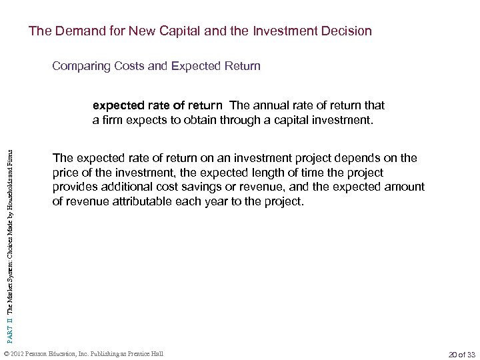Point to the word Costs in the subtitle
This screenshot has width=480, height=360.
click(x=124, y=66)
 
